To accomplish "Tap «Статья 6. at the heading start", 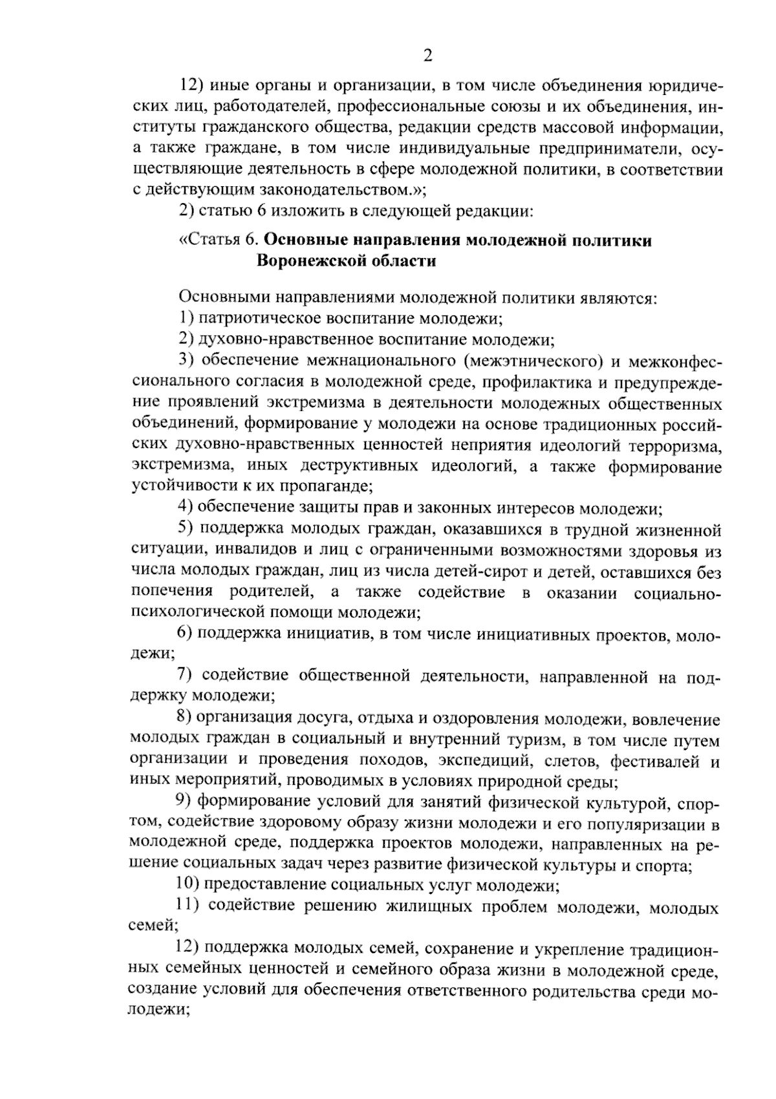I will (x=219, y=240).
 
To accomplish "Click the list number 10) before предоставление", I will (x=188, y=887).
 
